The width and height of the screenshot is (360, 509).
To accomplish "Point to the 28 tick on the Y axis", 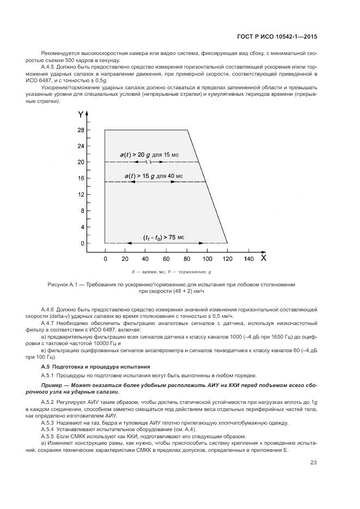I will [x=81, y=130].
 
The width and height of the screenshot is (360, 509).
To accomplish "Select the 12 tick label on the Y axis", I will [x=81, y=194].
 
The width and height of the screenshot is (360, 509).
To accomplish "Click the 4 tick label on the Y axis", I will [x=82, y=226].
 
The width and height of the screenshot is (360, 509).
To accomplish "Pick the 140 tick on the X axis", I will [x=248, y=259].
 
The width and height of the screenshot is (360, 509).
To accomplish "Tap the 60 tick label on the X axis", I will [x=166, y=259].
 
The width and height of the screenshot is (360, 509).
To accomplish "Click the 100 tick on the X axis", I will [x=207, y=259].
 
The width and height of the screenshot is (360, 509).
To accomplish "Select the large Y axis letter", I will [x=81, y=115].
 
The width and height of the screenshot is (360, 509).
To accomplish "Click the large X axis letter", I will [x=264, y=258].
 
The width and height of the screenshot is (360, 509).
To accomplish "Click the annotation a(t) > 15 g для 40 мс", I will [x=154, y=176].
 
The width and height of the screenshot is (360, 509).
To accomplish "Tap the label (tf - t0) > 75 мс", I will [x=163, y=237].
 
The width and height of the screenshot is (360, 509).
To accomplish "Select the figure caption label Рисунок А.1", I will [x=64, y=284].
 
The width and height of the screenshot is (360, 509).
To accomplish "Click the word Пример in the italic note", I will [x=52, y=385].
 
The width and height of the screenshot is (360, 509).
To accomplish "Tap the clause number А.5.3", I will [x=50, y=422].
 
